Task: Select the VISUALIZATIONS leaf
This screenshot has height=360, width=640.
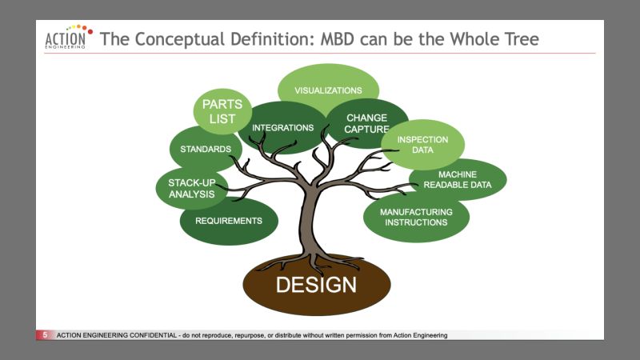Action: [x=328, y=90]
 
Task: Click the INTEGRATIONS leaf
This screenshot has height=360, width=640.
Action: [x=282, y=128]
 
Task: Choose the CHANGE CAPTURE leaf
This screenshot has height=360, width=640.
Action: [x=366, y=122]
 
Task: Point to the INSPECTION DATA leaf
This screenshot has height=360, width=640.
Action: [x=422, y=144]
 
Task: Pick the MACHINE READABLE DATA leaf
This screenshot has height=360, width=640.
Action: [x=458, y=180]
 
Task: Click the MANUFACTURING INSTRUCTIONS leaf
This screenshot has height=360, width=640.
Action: [x=416, y=217]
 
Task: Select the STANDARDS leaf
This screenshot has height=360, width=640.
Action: [x=206, y=149]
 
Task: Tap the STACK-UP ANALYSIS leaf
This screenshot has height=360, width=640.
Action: [x=191, y=187]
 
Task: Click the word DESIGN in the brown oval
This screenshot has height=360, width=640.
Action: [x=316, y=285]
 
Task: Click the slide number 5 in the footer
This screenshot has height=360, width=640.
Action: [x=45, y=335]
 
